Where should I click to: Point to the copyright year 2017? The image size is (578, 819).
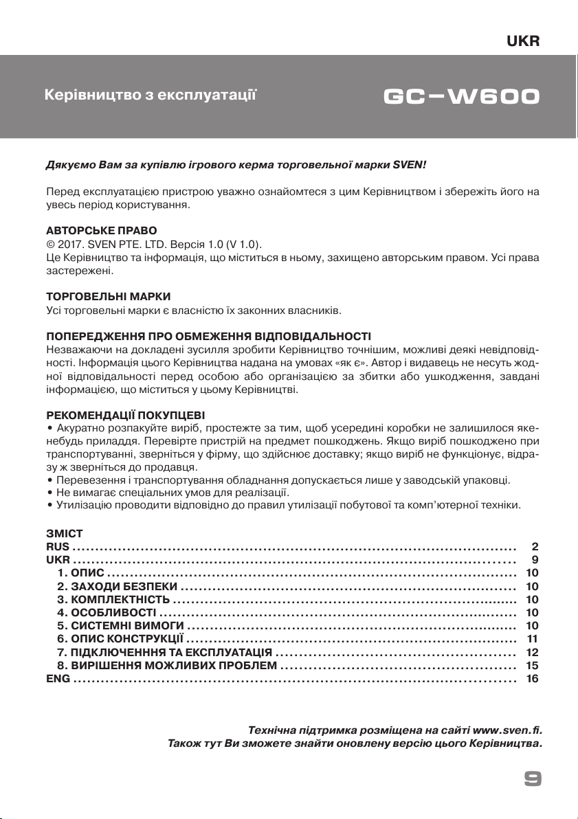65,245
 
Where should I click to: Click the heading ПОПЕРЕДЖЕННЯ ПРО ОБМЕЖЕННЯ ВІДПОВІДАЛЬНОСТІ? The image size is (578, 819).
208,337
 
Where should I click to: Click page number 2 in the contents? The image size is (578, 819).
535,547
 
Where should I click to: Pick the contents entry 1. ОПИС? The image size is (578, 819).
80,573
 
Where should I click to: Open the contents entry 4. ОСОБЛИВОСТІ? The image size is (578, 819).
107,612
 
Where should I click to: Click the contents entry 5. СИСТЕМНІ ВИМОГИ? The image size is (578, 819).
120,625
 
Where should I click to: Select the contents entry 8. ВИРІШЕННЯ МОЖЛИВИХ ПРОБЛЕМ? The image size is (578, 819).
167,665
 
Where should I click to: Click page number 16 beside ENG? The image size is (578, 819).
532,678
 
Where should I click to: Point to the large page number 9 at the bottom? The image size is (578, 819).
533,778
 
